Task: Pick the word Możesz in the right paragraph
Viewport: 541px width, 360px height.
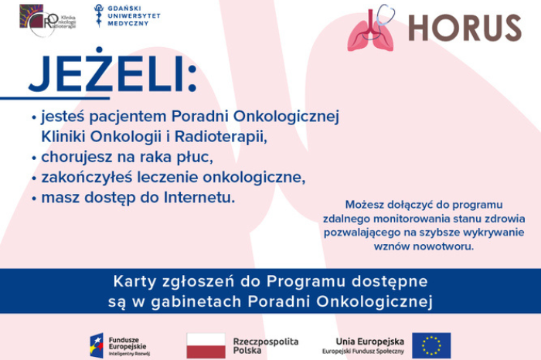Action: point(366,204)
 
